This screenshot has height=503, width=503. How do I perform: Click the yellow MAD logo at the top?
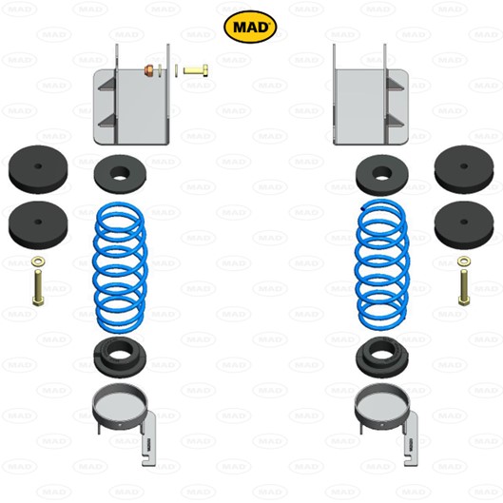(x=250, y=27)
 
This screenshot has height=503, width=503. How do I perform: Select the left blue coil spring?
(x=120, y=267)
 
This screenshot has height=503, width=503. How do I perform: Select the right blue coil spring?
(x=381, y=265)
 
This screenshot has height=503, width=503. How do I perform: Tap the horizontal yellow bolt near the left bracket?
(x=196, y=70)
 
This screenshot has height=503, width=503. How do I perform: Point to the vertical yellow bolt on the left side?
(x=38, y=288)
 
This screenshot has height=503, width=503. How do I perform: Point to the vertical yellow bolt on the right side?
(x=464, y=288)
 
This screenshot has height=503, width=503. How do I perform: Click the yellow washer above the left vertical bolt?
(x=38, y=262)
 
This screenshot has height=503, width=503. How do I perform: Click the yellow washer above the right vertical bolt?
(x=464, y=261)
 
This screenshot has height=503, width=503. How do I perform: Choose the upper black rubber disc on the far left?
(x=38, y=169)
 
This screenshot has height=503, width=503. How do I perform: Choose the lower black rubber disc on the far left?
(x=38, y=225)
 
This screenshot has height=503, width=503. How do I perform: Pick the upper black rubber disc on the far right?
(x=464, y=169)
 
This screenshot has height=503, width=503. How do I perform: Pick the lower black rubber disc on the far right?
(x=464, y=225)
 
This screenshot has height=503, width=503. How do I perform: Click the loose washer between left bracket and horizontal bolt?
(x=176, y=70)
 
